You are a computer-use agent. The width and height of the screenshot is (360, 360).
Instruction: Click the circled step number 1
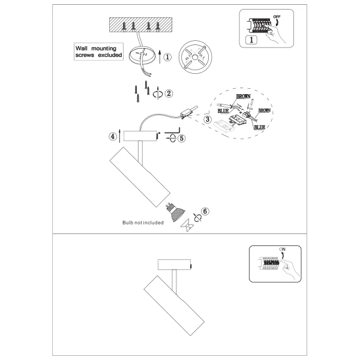click(x=167, y=58)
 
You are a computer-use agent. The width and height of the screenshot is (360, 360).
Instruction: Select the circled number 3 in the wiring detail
click(x=208, y=120)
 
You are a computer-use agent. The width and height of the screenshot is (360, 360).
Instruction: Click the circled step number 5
click(x=182, y=137)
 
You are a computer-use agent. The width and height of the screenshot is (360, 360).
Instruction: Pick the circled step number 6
click(x=205, y=212)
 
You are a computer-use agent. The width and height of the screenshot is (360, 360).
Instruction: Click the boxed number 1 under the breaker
click(x=253, y=40)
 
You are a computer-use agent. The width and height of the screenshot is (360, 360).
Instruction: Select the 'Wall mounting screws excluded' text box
click(x=99, y=52)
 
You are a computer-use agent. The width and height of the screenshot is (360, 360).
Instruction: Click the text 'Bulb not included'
click(x=143, y=222)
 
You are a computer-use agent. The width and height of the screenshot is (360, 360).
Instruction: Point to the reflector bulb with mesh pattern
click(x=175, y=211)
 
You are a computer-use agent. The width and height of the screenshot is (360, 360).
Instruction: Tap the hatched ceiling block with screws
click(x=140, y=25)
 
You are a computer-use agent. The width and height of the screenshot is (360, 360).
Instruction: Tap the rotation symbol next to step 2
click(x=158, y=94)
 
